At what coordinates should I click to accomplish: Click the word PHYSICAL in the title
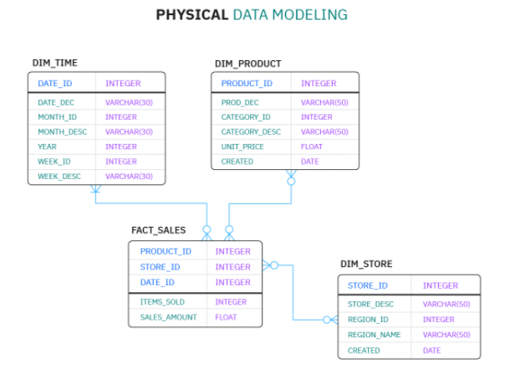tap(192, 15)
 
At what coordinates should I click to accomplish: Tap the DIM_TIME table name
tap(55, 63)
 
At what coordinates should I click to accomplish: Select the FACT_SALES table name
tap(158, 230)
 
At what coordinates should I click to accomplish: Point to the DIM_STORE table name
tap(366, 264)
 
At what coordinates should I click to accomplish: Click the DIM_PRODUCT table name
tap(247, 64)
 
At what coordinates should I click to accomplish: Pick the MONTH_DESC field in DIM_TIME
tap(63, 132)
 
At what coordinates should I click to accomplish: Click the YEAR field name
tap(47, 146)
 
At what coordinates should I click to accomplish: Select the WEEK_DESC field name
tap(59, 177)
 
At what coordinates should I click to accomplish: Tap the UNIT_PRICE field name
tap(242, 146)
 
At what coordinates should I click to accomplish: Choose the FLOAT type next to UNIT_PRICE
tap(312, 146)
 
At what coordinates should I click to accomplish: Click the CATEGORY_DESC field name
tap(251, 132)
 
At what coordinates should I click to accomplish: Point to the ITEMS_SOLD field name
tap(162, 302)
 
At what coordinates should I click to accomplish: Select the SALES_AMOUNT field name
tap(169, 317)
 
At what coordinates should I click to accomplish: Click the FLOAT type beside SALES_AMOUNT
tap(226, 317)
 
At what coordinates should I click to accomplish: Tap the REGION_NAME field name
tap(374, 335)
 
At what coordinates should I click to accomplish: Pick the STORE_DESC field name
tap(370, 304)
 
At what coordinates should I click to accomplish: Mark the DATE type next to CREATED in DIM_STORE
tap(431, 351)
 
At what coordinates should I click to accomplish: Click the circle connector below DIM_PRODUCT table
tap(291, 182)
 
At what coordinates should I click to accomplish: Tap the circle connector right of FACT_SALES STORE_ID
tap(274, 265)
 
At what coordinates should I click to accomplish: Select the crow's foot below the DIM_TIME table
tap(95, 189)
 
